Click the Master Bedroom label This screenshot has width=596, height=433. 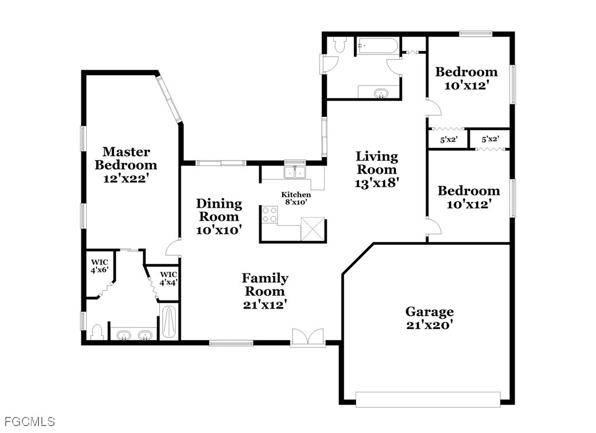pyautogui.click(x=126, y=165)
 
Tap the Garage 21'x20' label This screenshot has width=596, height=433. pyautogui.click(x=430, y=318)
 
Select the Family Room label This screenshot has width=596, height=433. pyautogui.click(x=265, y=291)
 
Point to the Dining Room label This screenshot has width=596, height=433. pyautogui.click(x=219, y=217)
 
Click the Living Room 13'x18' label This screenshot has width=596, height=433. pyautogui.click(x=377, y=170)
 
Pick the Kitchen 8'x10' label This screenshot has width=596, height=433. pyautogui.click(x=296, y=198)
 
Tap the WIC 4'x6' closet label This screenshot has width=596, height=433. pyautogui.click(x=100, y=267)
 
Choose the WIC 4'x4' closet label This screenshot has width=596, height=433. pyautogui.click(x=169, y=279)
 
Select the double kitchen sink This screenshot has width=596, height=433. pyautogui.click(x=295, y=172)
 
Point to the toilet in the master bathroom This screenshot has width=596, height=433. pyautogui.click(x=98, y=332)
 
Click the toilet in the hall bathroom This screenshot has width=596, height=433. pyautogui.click(x=339, y=45)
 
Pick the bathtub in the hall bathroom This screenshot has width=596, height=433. pyautogui.click(x=377, y=46)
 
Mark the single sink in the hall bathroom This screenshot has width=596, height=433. pyautogui.click(x=380, y=93)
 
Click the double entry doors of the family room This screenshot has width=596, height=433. pyautogui.click(x=308, y=338)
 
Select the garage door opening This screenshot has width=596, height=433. pyautogui.click(x=428, y=400)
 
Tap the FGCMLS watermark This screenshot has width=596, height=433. pyautogui.click(x=30, y=422)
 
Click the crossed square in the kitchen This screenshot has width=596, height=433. pyautogui.click(x=313, y=229)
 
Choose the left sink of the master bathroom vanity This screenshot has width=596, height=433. pyautogui.click(x=123, y=336)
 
